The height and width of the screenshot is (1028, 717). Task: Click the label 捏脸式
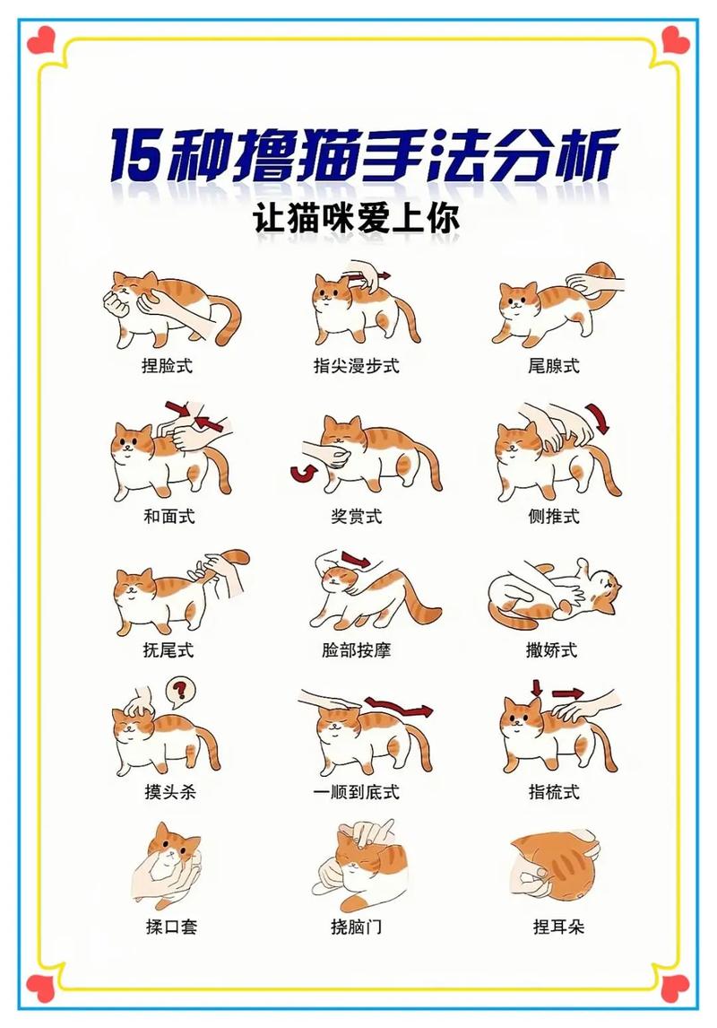click(x=168, y=366)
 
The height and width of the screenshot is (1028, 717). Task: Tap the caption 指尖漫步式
click(x=356, y=366)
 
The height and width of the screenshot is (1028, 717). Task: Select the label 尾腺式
click(x=553, y=366)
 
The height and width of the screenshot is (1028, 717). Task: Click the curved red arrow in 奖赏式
click(x=300, y=472)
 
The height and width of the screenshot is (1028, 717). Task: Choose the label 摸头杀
click(x=168, y=792)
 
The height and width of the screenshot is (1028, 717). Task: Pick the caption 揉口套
click(x=168, y=926)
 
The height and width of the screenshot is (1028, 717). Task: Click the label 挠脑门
click(x=356, y=926)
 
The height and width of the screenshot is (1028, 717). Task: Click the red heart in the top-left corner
click(x=40, y=39)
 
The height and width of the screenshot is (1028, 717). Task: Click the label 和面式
click(x=168, y=516)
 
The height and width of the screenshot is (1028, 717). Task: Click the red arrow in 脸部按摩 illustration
click(x=356, y=560)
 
